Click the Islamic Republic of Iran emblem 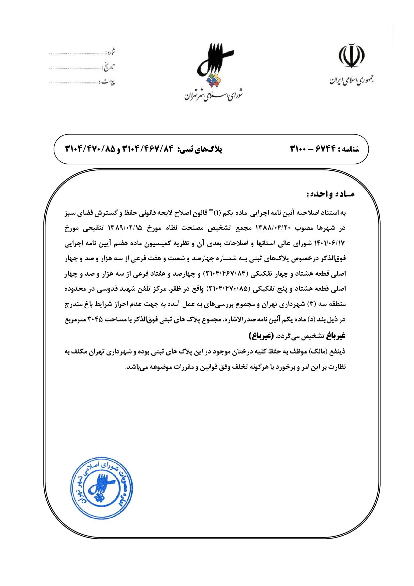tap(352, 55)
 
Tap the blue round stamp tap(102, 488)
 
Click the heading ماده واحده tap(330, 194)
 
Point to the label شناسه tap(349, 149)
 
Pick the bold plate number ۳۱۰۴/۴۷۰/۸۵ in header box tap(89, 149)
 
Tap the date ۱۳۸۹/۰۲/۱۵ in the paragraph tap(125, 228)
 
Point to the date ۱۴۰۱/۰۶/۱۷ tap(329, 244)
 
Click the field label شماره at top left tap(110, 52)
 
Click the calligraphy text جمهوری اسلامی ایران tap(351, 80)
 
